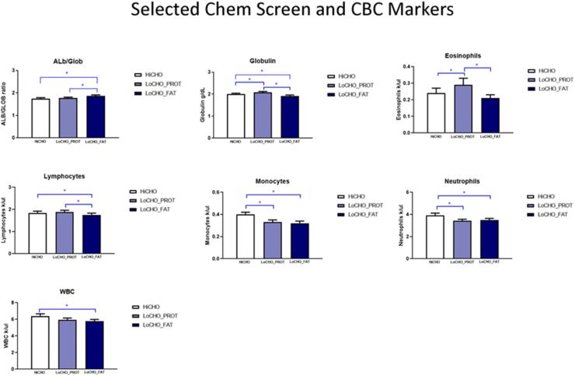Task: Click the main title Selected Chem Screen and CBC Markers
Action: coord(287,12)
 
